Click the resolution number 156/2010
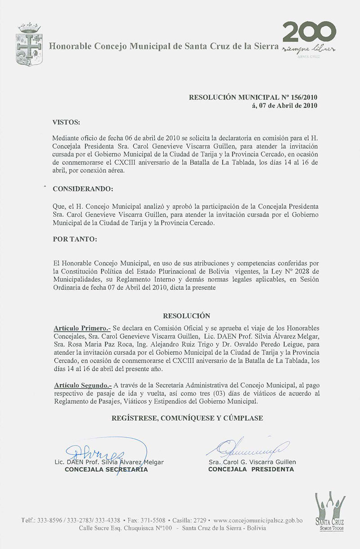tap(303, 98)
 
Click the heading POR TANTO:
tap(74, 239)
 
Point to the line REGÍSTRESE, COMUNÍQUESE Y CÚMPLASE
tap(187, 418)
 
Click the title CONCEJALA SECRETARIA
tap(106, 469)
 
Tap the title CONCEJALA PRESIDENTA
tap(251, 469)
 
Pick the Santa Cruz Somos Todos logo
tap(330, 511)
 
